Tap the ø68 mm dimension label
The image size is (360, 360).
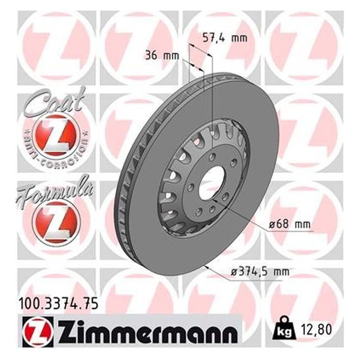[292, 224]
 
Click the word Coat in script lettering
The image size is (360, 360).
[55, 102]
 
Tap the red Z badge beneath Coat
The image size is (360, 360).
[54, 134]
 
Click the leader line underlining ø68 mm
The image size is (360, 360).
[292, 232]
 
